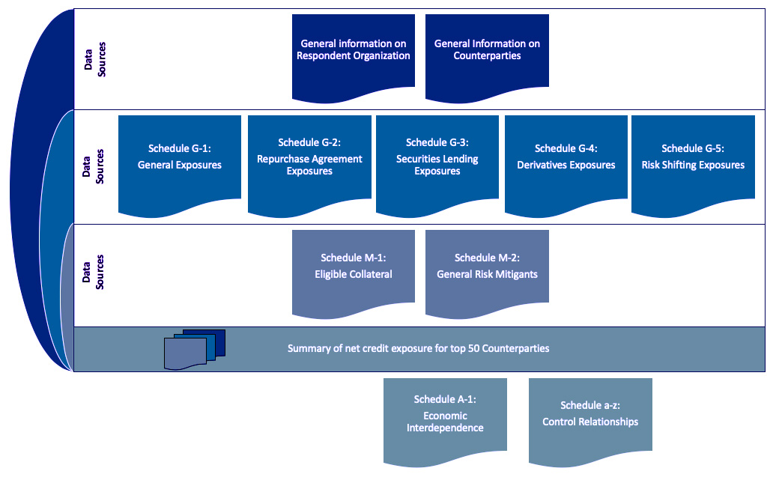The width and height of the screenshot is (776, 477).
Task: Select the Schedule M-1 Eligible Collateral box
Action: [x=354, y=270]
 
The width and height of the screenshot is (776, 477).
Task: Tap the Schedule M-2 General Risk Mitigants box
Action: [x=487, y=270]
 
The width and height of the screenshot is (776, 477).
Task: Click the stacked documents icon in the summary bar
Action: [x=195, y=349]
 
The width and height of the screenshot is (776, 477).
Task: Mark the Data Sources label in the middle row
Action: [x=94, y=166]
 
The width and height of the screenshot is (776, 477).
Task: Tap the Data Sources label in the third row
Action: [x=94, y=273]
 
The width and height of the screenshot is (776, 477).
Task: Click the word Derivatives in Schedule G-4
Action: [x=548, y=165]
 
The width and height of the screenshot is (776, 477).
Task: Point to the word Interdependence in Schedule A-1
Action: [x=445, y=428]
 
